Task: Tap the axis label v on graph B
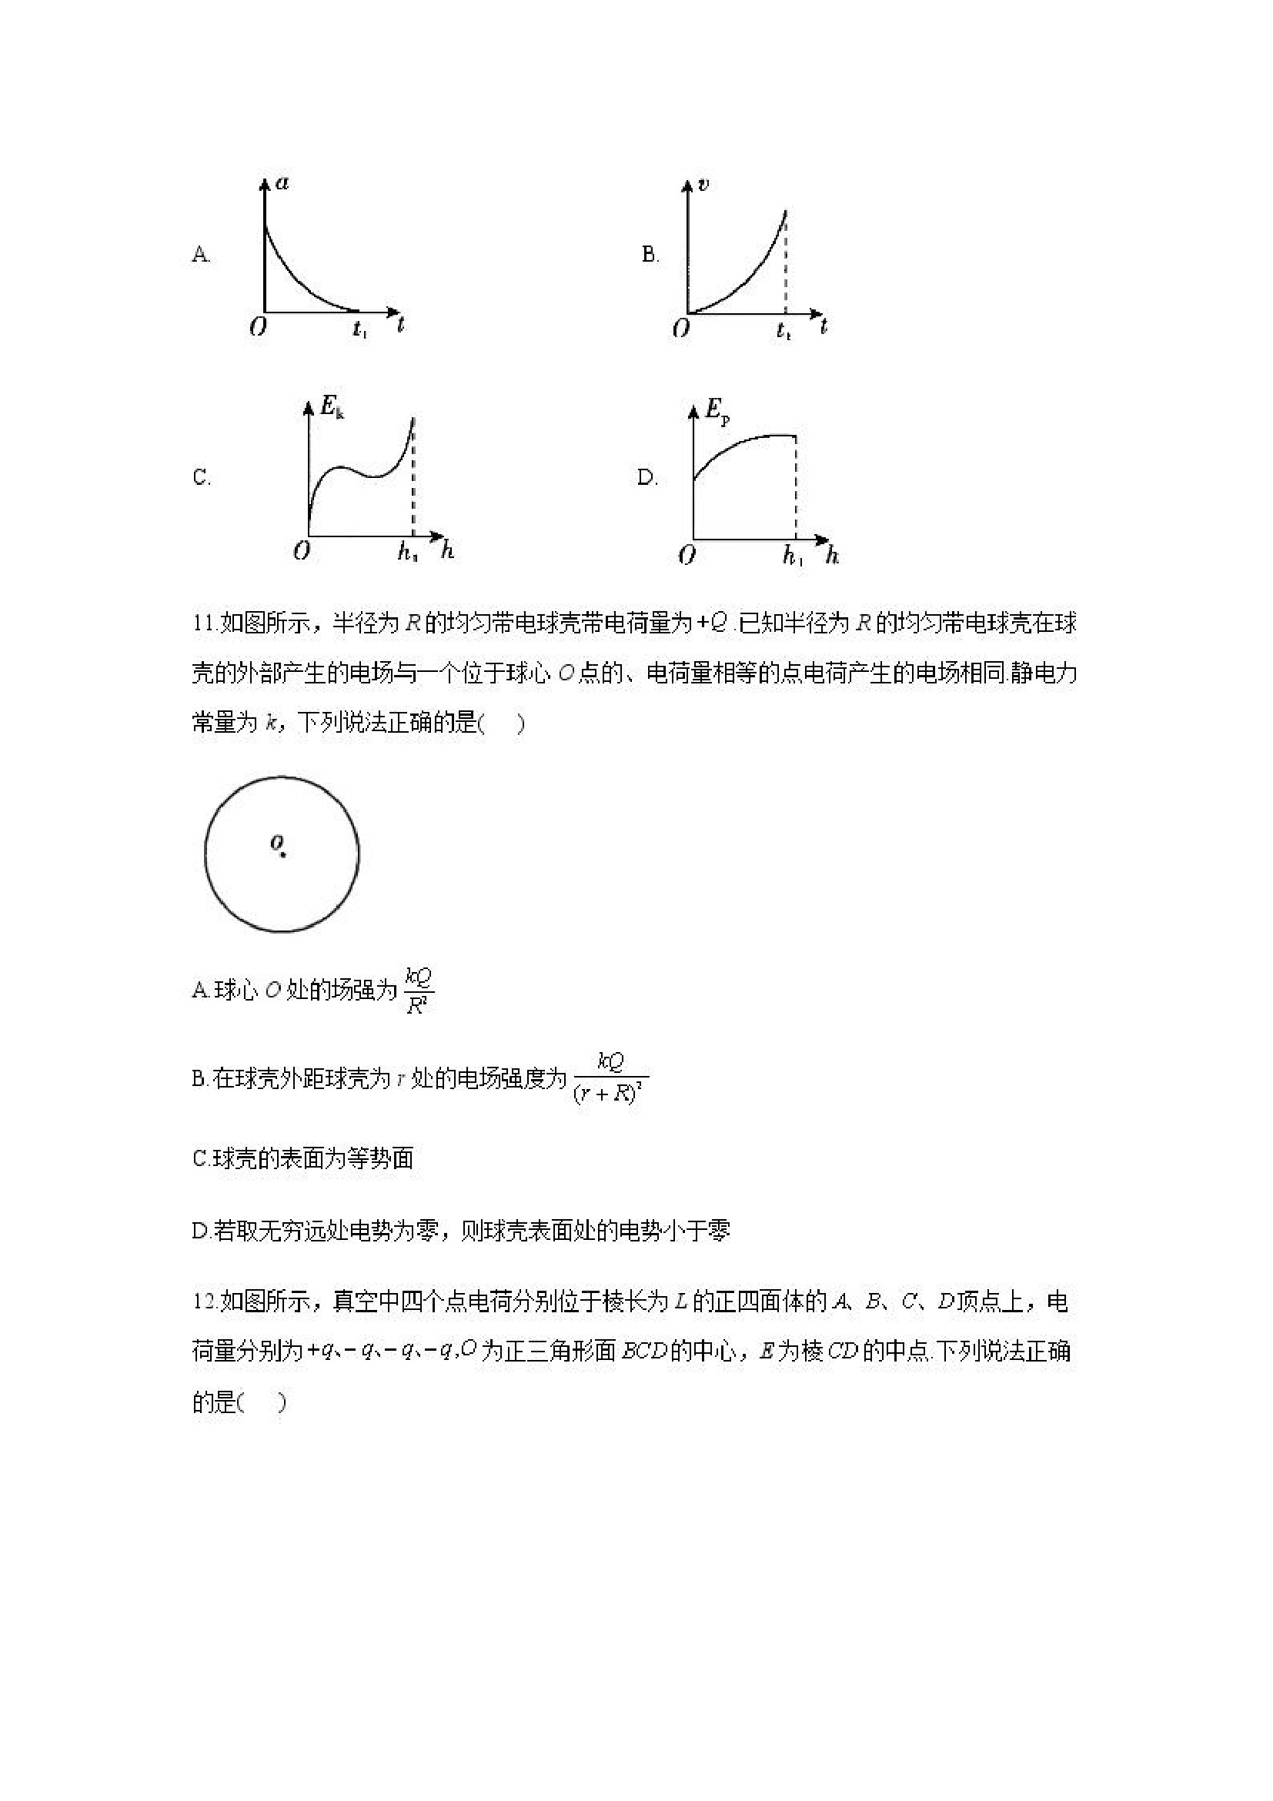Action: click(x=703, y=185)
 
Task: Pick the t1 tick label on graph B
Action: click(x=784, y=331)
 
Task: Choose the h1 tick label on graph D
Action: click(x=793, y=556)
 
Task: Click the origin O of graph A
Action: click(x=258, y=326)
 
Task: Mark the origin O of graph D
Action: click(x=687, y=556)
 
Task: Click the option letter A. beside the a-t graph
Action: click(x=201, y=255)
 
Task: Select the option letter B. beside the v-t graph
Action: click(x=650, y=254)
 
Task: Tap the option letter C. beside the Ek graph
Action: click(x=201, y=477)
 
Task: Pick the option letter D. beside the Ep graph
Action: click(x=647, y=477)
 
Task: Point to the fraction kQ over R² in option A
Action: click(x=418, y=991)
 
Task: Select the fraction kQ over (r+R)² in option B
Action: click(x=610, y=1079)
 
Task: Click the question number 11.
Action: click(x=205, y=623)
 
